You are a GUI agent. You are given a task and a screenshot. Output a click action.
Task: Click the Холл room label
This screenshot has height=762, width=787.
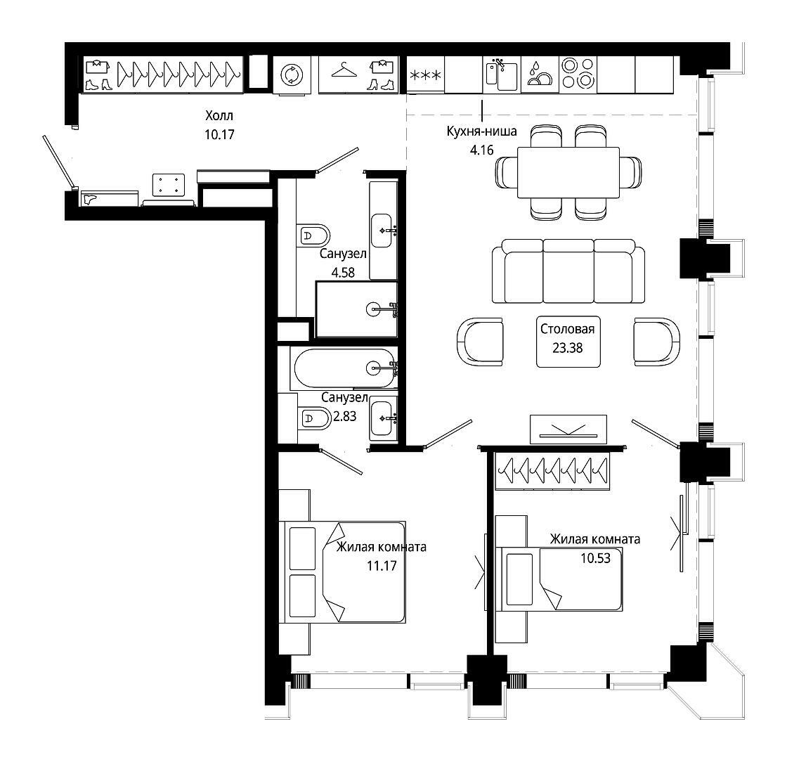tap(219, 115)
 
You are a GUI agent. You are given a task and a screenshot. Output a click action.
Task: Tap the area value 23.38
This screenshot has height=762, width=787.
tap(568, 348)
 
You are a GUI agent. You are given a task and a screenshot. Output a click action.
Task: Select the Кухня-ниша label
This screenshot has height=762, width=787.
tap(482, 131)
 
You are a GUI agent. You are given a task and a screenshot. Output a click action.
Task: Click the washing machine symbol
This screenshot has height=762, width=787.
tap(291, 75)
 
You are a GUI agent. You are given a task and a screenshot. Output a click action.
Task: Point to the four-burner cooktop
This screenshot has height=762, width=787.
tap(578, 74)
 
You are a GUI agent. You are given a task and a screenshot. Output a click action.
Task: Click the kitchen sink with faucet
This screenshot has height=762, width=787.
tap(502, 74)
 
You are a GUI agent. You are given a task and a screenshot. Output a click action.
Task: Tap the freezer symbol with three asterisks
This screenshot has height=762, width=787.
tap(425, 75)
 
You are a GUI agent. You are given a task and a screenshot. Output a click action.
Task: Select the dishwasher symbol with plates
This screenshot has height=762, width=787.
tap(540, 74)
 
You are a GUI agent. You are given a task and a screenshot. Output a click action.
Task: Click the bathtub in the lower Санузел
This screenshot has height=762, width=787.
tap(344, 368)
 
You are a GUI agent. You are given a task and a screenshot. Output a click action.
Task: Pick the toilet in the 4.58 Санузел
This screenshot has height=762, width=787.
tap(313, 234)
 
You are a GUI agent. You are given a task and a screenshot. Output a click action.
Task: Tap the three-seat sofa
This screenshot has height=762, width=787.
tap(568, 271)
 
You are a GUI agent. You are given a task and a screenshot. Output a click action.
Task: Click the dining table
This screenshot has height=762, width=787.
tap(568, 173)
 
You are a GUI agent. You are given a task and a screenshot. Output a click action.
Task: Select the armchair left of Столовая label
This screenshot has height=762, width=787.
tap(481, 342)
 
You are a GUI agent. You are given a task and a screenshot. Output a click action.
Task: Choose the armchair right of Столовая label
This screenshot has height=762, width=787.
tap(657, 342)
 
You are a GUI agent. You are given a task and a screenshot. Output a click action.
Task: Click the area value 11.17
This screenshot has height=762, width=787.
tap(382, 566)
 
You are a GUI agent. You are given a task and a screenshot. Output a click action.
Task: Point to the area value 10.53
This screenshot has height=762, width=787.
tap(596, 558)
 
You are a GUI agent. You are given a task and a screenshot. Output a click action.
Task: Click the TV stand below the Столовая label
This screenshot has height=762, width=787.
tap(568, 430)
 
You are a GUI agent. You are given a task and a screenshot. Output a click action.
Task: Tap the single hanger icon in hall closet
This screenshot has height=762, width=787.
tap(344, 70)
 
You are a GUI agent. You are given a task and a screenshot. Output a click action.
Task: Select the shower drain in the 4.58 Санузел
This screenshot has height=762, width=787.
tap(374, 309)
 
